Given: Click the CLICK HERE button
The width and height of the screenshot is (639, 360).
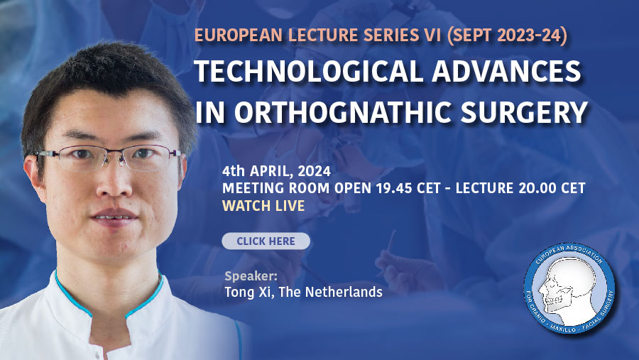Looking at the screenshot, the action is click(266, 241).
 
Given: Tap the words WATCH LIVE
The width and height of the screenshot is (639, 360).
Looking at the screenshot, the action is click(263, 206).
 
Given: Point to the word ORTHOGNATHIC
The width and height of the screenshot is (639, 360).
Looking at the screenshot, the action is click(343, 112).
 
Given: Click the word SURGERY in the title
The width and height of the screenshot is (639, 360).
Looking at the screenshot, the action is click(524, 112).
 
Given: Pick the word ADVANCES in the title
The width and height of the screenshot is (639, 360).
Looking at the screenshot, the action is click(506, 71).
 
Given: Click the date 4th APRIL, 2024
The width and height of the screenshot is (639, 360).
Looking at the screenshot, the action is click(276, 171).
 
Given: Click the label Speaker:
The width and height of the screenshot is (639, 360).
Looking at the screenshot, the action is click(251, 276).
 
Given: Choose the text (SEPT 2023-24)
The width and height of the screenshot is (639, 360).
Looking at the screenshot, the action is click(507, 36).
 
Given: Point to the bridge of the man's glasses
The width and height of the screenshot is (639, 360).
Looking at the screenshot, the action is click(120, 156).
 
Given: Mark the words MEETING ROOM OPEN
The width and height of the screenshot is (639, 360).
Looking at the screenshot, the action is click(297, 188).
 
